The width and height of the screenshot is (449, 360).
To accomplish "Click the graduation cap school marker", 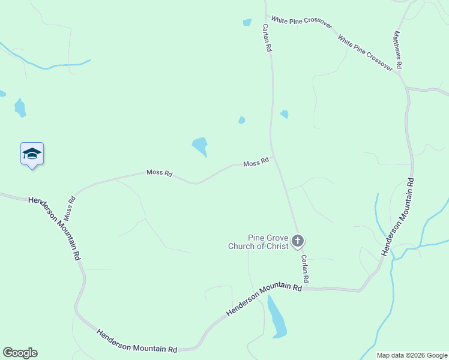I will point(32,154).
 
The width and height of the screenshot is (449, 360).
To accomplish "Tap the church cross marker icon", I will point(297,242).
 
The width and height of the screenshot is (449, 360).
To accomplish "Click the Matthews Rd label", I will point(397,49).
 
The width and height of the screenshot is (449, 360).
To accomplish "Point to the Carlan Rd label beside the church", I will point(305,268).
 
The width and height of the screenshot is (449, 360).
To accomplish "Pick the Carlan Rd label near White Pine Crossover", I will point(265,38).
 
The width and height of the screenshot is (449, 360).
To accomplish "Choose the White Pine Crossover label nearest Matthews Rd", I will point(365,53).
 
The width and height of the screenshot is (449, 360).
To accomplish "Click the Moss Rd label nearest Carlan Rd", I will point(256,163).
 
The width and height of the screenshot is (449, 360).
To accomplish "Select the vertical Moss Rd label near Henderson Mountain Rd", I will point(69,206).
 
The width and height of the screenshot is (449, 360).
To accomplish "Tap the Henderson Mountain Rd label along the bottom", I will point(137,340).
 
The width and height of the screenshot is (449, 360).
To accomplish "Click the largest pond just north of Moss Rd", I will point(200,146).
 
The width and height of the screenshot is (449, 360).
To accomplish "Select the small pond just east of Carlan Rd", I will point(285,114).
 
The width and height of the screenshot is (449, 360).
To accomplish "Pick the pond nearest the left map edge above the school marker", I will point(20,107).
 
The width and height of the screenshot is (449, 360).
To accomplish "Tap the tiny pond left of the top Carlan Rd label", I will point(247,23).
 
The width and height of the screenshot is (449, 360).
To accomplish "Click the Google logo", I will point(20,353).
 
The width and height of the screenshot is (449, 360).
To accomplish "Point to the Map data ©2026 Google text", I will point(412,355).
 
